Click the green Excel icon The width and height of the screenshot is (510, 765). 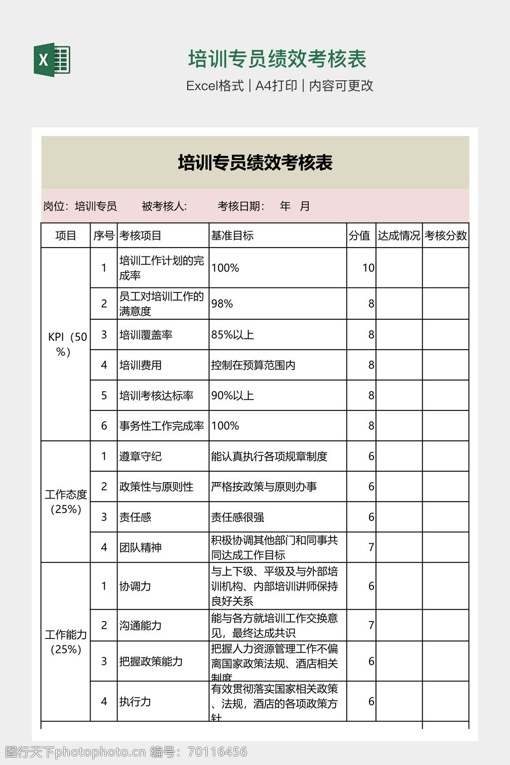click(52, 60)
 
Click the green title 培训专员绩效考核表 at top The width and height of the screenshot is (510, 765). click(277, 59)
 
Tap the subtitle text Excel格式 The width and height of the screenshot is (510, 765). click(215, 86)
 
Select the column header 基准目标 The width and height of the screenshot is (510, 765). click(232, 236)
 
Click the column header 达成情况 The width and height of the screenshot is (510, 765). click(399, 236)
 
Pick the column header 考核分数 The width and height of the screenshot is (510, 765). click(446, 236)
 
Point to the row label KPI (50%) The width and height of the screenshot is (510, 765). click(66, 344)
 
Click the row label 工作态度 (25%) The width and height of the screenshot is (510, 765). click(66, 502)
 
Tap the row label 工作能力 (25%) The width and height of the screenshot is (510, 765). click(66, 641)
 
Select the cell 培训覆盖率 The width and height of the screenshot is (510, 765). click(146, 335)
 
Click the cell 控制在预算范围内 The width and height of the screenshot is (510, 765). click(253, 365)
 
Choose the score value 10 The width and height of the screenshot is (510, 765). click(368, 268)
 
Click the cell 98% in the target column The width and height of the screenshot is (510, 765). click(222, 304)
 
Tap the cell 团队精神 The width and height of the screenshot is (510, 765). click(140, 547)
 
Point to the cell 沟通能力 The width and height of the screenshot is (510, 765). click(140, 626)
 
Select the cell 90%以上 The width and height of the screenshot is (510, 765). click(233, 395)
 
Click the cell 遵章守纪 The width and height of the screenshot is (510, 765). click(140, 456)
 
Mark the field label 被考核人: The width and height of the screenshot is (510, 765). click(164, 206)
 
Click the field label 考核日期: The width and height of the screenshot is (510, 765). click(241, 206)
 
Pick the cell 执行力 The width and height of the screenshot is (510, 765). click(135, 702)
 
